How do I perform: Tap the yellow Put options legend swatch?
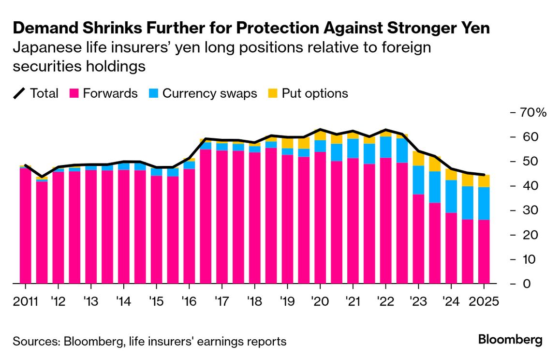(x=274, y=93)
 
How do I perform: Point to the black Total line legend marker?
(x=20, y=93)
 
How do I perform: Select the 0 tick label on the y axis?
(x=524, y=284)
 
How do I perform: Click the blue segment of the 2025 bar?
(x=484, y=203)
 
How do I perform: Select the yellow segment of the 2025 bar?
(x=484, y=181)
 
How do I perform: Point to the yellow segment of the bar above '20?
(x=320, y=135)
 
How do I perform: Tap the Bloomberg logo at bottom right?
(x=510, y=340)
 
